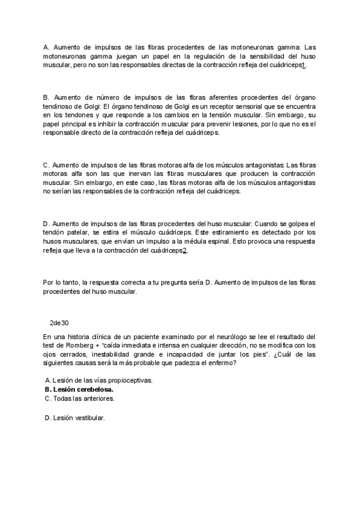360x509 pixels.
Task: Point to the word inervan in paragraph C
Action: (144, 172)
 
